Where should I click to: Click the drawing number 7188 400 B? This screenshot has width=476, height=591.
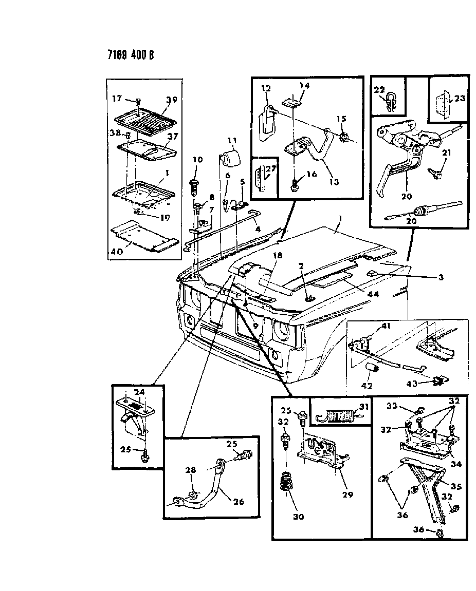131,55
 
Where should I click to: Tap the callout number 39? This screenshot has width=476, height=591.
171,100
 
